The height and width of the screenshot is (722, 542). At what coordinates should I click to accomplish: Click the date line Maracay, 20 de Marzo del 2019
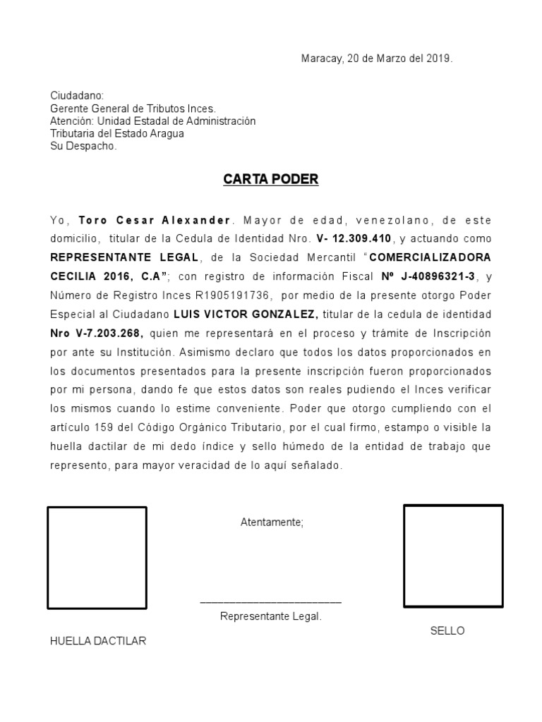point(377,59)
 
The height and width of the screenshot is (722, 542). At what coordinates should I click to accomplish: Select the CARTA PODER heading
point(271,179)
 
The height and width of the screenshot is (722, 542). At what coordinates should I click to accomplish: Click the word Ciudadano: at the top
point(77,95)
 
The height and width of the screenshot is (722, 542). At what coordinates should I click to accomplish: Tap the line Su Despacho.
point(83,146)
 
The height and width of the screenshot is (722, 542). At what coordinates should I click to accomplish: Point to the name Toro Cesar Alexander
point(155,219)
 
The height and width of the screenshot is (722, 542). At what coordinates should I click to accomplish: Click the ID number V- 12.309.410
point(354,238)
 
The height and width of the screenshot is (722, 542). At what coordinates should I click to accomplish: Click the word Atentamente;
point(272,522)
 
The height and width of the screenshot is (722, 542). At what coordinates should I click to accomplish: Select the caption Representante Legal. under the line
point(271,617)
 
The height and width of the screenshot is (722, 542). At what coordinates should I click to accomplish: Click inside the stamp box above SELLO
point(453,556)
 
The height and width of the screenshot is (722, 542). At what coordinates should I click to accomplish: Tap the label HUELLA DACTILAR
point(98,641)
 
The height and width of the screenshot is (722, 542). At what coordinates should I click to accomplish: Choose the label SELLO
point(447,630)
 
